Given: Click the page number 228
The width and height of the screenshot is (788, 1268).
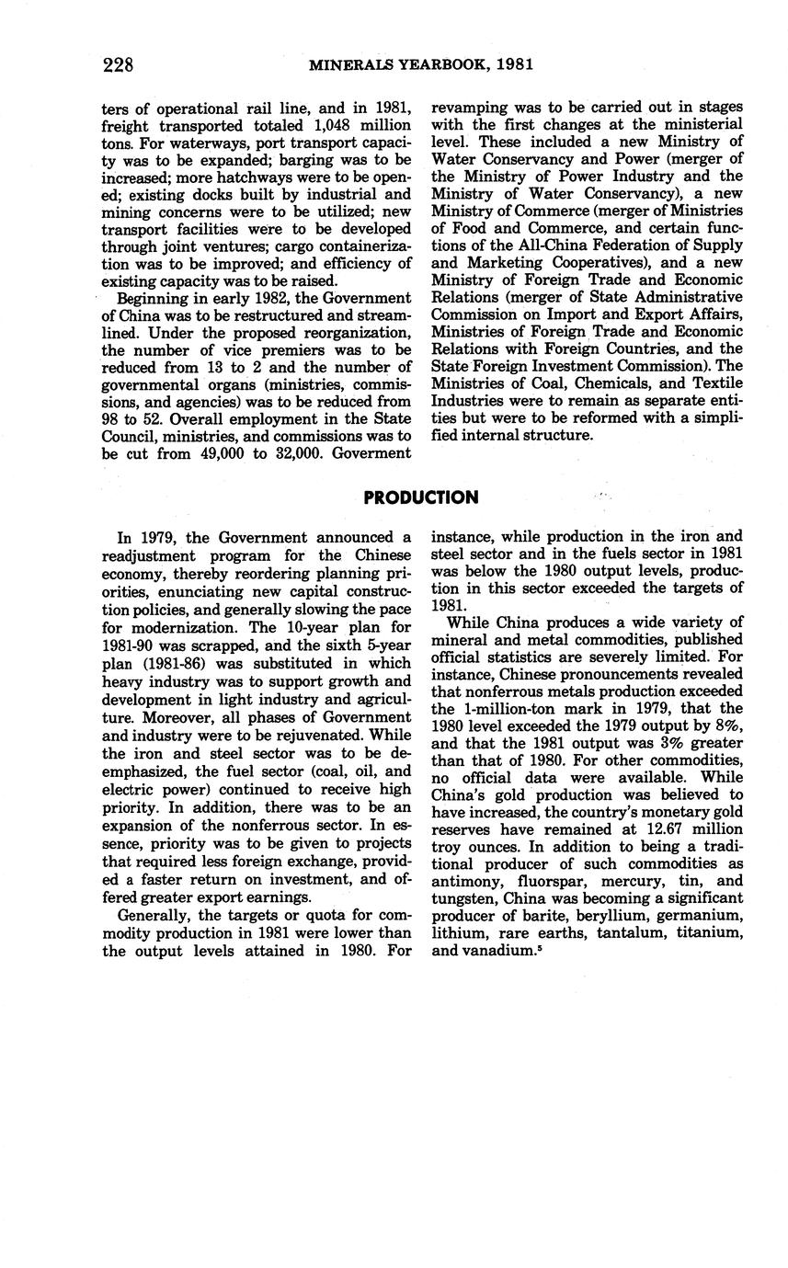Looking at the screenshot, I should (119, 64).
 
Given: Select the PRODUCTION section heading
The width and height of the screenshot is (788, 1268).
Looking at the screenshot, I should (420, 497).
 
